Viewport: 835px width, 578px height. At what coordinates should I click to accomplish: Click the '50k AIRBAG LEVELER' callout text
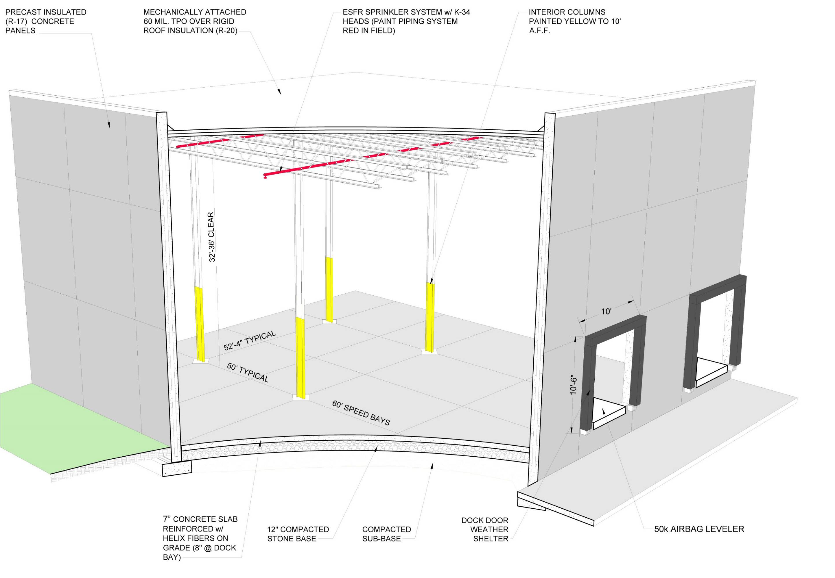point(699,529)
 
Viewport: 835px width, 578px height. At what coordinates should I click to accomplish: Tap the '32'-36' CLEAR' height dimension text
point(212,237)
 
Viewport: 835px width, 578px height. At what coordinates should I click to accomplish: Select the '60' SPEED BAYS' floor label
point(361,412)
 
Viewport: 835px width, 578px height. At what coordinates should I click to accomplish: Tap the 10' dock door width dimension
point(606,312)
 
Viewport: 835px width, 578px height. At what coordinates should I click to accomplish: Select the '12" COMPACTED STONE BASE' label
point(298,534)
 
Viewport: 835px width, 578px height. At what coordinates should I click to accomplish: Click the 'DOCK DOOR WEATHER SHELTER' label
point(485,529)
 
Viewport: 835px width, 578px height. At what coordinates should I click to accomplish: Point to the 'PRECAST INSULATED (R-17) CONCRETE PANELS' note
point(46,21)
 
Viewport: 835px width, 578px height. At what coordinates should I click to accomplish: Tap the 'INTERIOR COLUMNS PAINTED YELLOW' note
point(574,21)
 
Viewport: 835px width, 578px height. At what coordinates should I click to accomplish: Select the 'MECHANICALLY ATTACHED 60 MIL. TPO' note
point(195,21)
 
